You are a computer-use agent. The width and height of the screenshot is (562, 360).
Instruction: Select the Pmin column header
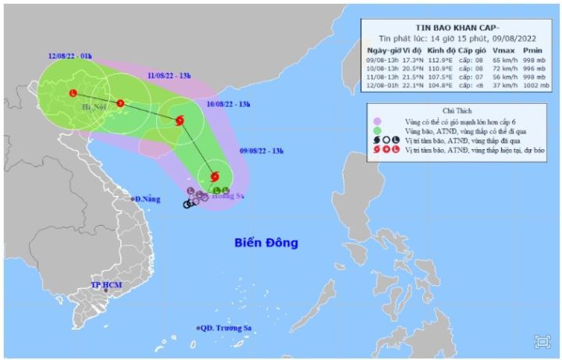pyautogui.click(x=533, y=50)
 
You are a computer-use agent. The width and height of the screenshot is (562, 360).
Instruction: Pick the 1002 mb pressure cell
pyautogui.click(x=533, y=85)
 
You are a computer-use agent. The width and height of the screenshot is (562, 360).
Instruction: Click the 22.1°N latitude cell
pyautogui.click(x=410, y=85)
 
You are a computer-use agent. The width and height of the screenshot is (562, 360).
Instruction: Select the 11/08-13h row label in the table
pyautogui.click(x=382, y=77)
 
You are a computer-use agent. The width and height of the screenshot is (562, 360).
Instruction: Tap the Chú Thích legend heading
pyautogui.click(x=457, y=112)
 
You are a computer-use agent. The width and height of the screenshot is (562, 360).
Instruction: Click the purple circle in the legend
pyautogui.click(x=377, y=121)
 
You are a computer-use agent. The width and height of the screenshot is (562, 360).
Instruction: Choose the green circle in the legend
pyautogui.click(x=377, y=130)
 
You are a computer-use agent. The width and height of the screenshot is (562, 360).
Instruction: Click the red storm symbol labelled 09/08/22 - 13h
pyautogui.click(x=215, y=176)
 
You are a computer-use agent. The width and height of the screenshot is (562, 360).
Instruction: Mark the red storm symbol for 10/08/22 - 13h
pyautogui.click(x=181, y=120)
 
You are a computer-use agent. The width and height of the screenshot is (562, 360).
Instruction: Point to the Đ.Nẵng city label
pyautogui.click(x=147, y=200)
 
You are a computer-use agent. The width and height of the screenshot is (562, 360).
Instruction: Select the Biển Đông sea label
pyautogui.click(x=265, y=243)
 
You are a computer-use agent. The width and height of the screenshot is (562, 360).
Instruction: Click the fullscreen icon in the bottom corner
pyautogui.click(x=542, y=341)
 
